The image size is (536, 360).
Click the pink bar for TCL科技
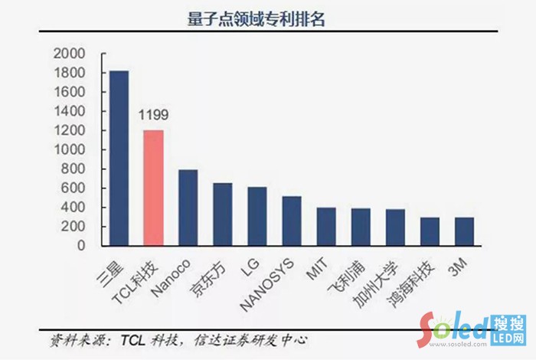click(154, 188)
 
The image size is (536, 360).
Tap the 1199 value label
click(154, 116)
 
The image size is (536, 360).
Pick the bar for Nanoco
click(188, 208)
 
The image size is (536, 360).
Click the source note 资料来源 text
click(179, 339)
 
